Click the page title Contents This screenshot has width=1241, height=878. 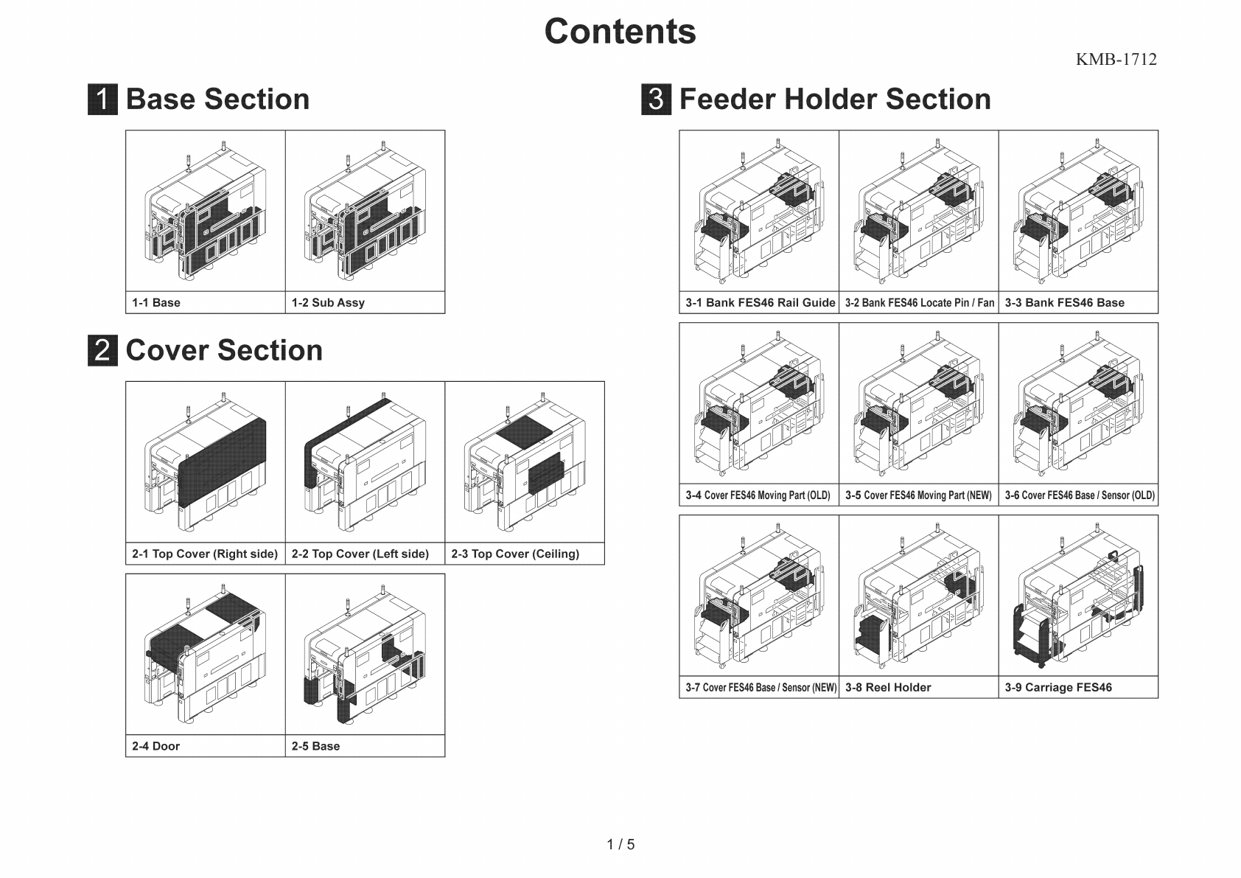click(x=620, y=32)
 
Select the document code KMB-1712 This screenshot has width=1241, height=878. click(x=1116, y=60)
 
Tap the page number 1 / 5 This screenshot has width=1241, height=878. click(x=620, y=844)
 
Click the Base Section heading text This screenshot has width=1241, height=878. click(x=217, y=100)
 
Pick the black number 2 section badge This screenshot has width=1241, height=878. click(x=102, y=350)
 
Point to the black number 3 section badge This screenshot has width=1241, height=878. click(x=656, y=100)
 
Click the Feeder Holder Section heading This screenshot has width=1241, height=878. click(x=834, y=100)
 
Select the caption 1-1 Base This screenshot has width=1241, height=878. click(x=156, y=303)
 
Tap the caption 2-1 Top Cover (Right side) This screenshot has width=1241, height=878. click(x=205, y=554)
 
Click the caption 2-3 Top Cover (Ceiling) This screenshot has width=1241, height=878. click(x=515, y=554)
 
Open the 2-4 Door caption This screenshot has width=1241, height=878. click(x=156, y=747)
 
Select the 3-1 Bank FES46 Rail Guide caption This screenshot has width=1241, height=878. click(x=760, y=303)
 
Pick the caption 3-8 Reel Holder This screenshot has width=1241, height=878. click(x=888, y=688)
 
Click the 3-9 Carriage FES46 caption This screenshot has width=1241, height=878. click(x=1058, y=688)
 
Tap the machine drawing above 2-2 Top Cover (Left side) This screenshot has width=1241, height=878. click(x=365, y=463)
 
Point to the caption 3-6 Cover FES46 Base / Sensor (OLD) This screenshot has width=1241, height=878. click(x=1079, y=495)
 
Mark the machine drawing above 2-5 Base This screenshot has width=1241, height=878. click(x=365, y=655)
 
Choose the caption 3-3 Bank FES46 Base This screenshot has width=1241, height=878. click(x=1064, y=303)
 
